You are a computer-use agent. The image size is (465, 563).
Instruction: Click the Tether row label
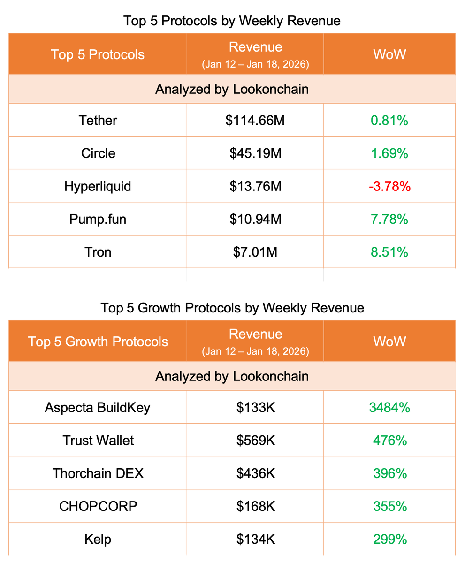tap(98, 121)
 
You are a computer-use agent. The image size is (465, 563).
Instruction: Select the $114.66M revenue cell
tap(255, 121)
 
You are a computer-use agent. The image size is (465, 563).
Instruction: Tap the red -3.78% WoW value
tap(389, 186)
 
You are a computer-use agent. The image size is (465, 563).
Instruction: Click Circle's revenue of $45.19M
tap(255, 153)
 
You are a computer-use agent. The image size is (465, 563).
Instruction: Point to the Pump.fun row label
tap(98, 219)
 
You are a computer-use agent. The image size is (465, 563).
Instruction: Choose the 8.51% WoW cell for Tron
tap(389, 252)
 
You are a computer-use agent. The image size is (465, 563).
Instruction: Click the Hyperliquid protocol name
tap(98, 186)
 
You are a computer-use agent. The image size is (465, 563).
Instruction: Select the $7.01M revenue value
tap(255, 252)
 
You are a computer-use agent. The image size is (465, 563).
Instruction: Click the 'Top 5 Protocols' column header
tap(98, 54)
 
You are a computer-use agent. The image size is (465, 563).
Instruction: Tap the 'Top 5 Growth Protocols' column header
tap(98, 341)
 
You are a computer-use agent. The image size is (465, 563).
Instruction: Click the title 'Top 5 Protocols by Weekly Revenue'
tap(232, 21)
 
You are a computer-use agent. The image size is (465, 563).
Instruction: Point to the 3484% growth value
tap(389, 408)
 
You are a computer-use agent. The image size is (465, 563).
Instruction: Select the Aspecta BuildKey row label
tap(98, 408)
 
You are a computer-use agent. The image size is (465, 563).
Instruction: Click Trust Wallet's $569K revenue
tap(255, 441)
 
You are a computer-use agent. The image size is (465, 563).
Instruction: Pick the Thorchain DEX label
tap(98, 473)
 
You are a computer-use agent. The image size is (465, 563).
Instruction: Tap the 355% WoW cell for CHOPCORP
tap(389, 506)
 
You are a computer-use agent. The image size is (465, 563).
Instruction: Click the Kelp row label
tap(98, 539)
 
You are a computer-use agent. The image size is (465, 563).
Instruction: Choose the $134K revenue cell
tap(255, 539)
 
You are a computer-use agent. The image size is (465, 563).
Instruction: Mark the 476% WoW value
tap(389, 441)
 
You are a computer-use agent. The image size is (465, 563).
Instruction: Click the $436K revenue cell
tap(255, 473)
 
